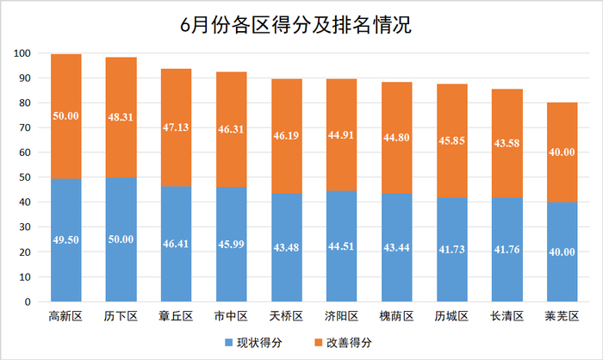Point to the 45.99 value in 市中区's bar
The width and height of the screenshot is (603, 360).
click(x=230, y=245)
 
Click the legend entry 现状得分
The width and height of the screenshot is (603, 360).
click(x=259, y=343)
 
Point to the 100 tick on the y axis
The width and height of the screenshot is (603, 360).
click(x=23, y=54)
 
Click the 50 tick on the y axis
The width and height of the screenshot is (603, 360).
click(x=26, y=178)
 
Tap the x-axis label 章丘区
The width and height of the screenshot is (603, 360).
click(x=176, y=317)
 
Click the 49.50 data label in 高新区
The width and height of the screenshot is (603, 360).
click(x=66, y=240)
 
